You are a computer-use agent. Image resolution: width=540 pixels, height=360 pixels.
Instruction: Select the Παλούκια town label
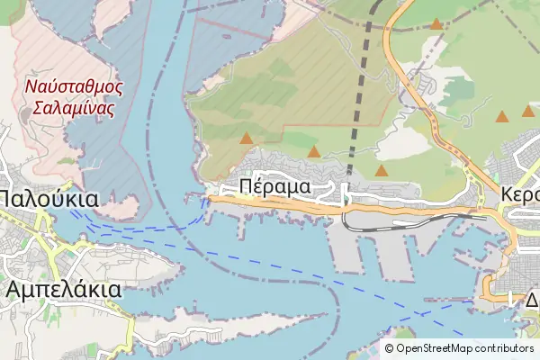48,198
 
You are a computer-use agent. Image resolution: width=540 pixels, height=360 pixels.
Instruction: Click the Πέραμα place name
275,186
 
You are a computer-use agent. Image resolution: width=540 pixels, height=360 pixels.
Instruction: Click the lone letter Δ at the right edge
532,298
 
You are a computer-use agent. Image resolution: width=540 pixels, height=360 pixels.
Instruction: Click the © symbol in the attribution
390,348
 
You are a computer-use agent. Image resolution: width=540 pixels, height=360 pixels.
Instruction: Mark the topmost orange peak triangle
436,24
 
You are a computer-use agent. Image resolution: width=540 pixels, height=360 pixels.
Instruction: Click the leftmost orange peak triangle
246,139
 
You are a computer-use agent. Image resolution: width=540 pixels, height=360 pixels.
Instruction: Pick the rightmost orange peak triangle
528,112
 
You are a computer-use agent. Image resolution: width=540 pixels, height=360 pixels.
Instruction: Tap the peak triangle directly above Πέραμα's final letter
313,151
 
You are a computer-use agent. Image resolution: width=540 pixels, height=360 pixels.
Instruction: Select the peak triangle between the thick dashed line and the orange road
382,169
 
